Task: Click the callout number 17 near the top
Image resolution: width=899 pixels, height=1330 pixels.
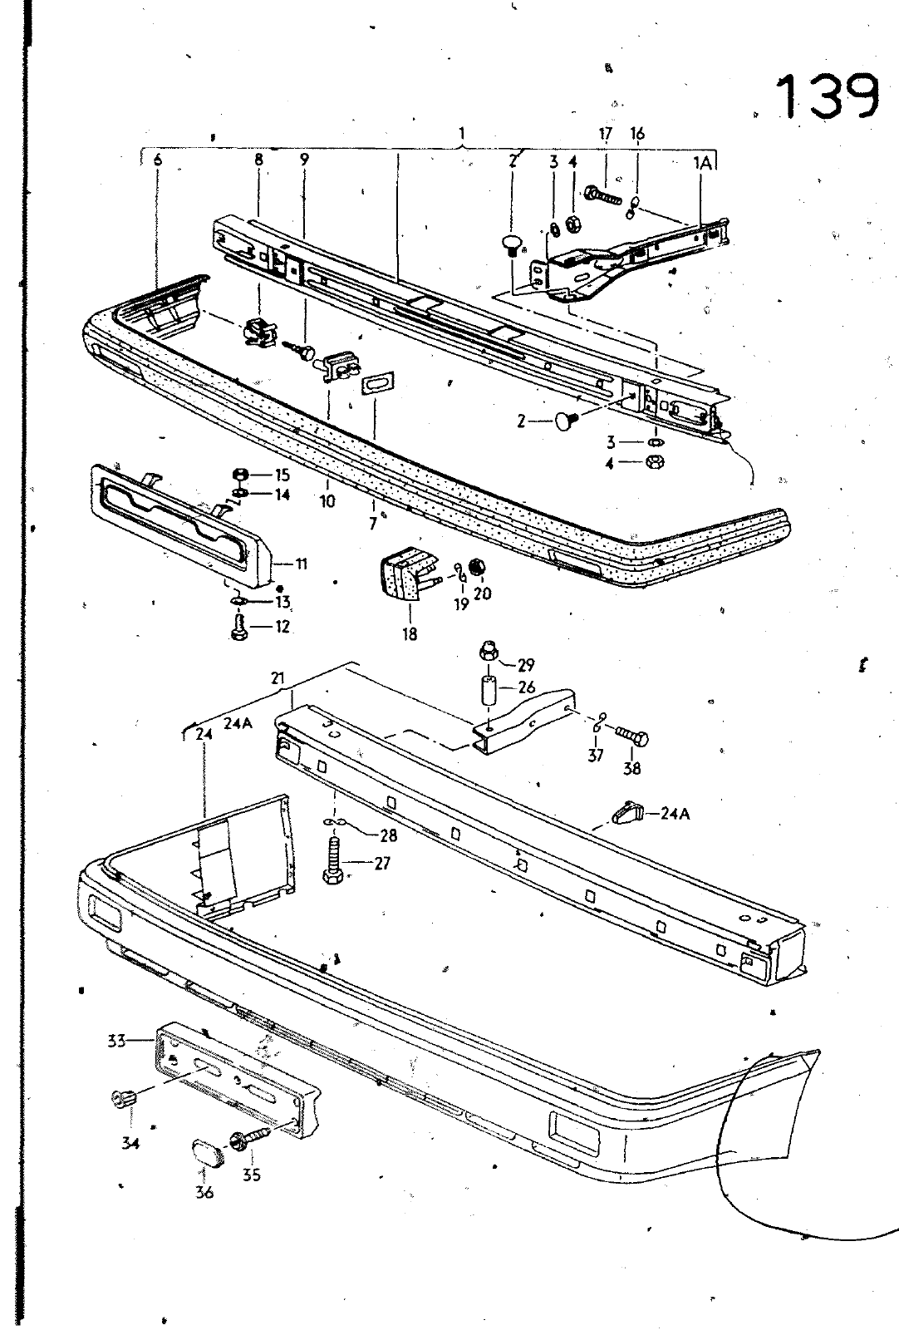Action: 605,134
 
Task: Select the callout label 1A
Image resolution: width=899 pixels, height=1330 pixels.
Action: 703,163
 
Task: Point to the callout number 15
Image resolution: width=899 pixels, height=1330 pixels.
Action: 282,475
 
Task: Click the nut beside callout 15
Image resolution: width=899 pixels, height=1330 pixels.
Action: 240,474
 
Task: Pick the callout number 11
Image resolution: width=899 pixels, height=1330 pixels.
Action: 302,563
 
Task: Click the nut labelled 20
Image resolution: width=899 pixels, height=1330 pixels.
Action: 476,568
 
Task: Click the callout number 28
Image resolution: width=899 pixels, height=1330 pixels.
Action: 389,835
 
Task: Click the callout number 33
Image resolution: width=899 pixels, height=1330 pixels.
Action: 116,1041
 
